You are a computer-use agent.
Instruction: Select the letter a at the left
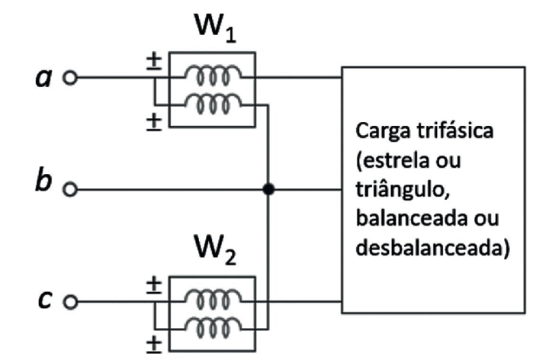(45, 78)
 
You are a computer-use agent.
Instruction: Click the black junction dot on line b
(268, 188)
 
